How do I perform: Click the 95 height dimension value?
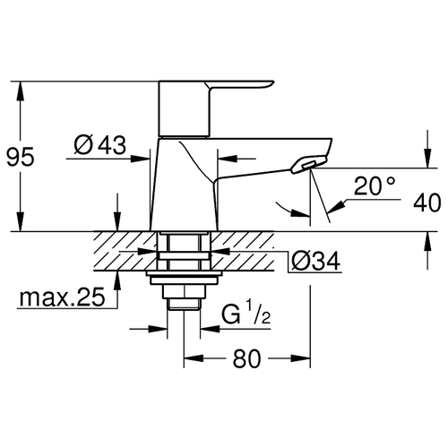[21, 158]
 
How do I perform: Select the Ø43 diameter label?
[100, 145]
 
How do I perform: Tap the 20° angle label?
[375, 185]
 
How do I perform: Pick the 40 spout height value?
[426, 202]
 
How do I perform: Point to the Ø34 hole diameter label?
[315, 261]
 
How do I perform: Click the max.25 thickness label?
[63, 297]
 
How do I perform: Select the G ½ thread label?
[246, 313]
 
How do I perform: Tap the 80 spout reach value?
[246, 358]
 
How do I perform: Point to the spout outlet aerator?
[308, 165]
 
